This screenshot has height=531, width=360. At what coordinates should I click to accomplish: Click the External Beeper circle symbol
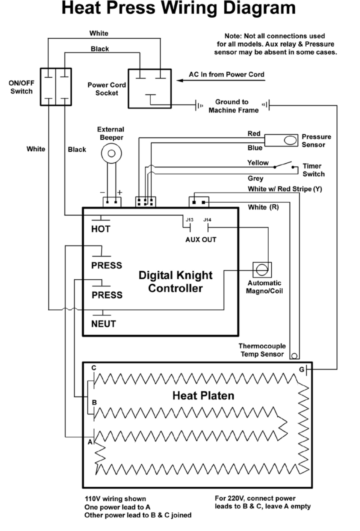tap(111, 153)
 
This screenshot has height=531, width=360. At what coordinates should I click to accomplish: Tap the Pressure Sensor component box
tap(281, 140)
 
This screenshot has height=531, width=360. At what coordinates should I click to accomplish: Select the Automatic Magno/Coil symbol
tap(262, 270)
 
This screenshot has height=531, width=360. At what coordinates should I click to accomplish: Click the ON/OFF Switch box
tap(56, 87)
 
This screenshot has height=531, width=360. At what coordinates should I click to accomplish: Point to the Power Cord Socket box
tap(150, 89)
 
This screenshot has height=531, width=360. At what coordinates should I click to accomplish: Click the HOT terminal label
tap(100, 229)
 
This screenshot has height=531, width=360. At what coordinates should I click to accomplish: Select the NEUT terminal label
tap(103, 324)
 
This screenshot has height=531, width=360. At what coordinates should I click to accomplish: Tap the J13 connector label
tap(189, 220)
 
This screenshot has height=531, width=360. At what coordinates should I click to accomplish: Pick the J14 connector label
tap(207, 220)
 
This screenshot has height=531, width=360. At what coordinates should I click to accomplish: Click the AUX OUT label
tap(201, 240)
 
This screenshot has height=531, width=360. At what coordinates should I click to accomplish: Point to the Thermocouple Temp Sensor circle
tap(294, 356)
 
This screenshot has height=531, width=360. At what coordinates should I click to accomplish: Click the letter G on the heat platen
tap(301, 370)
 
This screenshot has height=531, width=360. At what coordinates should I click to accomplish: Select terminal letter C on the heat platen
tap(94, 368)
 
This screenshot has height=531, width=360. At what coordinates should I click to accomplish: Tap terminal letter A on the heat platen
tap(90, 442)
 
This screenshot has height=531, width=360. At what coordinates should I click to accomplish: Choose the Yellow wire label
tap(258, 163)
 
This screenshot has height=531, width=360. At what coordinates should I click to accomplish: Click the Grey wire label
tap(255, 178)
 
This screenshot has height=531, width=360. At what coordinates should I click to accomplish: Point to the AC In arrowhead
tap(180, 80)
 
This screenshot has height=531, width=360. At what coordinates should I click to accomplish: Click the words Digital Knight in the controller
tap(175, 275)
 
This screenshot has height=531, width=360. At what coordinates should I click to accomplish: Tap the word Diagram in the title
tap(259, 8)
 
